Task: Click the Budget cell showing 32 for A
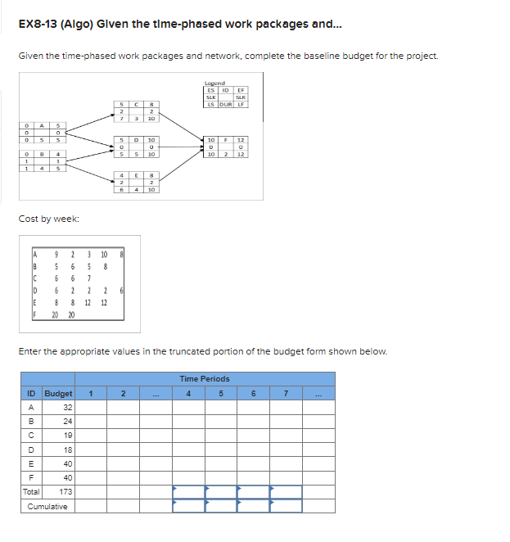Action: pyautogui.click(x=67, y=407)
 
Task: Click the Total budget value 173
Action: pyautogui.click(x=65, y=492)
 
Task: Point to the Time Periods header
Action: pyautogui.click(x=205, y=379)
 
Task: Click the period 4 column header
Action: pyautogui.click(x=188, y=393)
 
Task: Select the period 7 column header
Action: pyautogui.click(x=286, y=393)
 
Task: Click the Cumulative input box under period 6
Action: pyautogui.click(x=254, y=506)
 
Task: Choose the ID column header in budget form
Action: pyautogui.click(x=29, y=393)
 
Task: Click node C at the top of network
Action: pyautogui.click(x=138, y=111)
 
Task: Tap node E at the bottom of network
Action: pyautogui.click(x=138, y=182)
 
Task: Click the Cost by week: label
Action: pyautogui.click(x=48, y=220)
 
